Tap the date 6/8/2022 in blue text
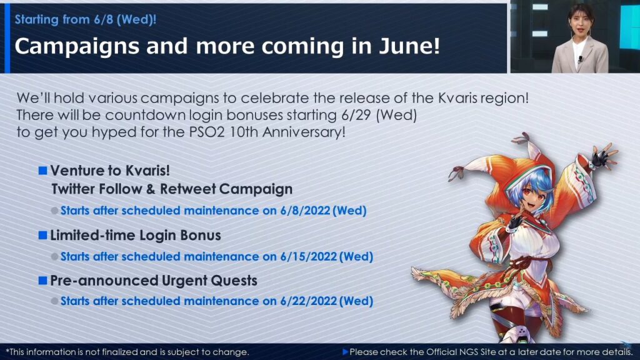point(305,211)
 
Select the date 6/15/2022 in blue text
point(309,257)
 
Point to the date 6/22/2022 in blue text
point(309,301)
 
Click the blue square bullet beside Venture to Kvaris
point(43,170)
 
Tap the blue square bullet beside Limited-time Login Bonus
point(43,235)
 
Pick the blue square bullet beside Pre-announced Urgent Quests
point(43,281)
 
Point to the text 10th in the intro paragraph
point(243,132)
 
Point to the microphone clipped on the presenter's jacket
point(580,59)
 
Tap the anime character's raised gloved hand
point(602,156)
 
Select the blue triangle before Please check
point(345,352)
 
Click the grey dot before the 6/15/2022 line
point(55,257)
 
